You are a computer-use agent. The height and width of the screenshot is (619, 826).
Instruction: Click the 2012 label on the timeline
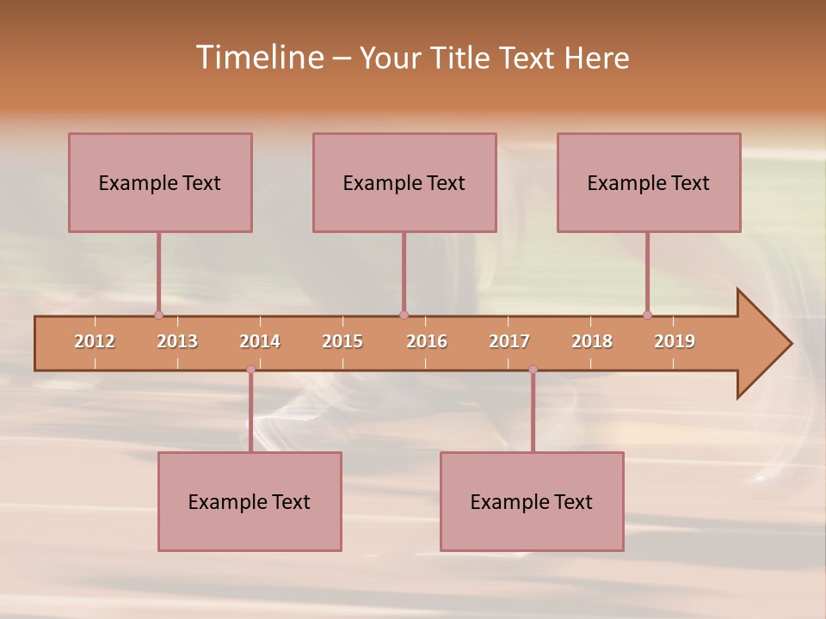click(95, 341)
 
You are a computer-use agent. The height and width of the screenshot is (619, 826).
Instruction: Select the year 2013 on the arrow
click(177, 341)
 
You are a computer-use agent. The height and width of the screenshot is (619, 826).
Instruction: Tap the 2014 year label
click(260, 341)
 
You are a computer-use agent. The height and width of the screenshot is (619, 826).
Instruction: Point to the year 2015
click(342, 341)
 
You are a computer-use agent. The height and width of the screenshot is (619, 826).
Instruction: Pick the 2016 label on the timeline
click(427, 341)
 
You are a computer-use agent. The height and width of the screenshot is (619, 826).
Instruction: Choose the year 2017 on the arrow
click(509, 341)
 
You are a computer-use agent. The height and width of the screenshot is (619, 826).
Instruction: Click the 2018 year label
click(592, 341)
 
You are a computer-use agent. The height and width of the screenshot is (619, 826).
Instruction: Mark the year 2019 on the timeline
click(675, 341)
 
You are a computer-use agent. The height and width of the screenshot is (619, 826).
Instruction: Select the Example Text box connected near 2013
click(160, 182)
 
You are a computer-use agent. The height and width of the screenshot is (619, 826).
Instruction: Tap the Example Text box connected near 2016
click(404, 182)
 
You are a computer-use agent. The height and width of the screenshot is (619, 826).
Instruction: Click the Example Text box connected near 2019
click(649, 182)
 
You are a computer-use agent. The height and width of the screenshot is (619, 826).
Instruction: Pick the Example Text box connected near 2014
click(250, 501)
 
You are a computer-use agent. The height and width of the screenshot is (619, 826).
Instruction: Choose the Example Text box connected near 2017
click(532, 501)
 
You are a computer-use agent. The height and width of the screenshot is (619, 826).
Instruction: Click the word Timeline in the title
click(258, 58)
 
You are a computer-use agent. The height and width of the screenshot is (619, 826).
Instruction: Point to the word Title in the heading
click(465, 58)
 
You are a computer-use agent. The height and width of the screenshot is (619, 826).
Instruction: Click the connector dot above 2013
click(158, 315)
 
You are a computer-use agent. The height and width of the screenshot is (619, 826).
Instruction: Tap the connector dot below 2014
click(250, 370)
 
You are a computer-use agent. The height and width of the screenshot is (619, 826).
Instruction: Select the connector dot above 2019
click(647, 315)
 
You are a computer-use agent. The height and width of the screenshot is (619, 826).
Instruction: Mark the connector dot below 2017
click(533, 370)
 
